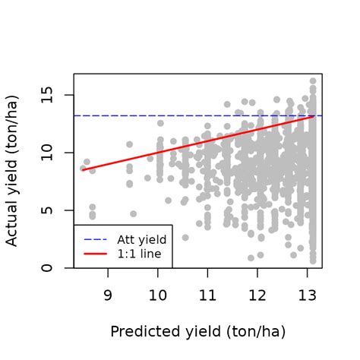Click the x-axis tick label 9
click(107, 295)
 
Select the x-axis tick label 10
click(158, 295)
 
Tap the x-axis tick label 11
click(208, 295)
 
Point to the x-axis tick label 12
click(258, 295)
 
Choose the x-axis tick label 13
click(308, 295)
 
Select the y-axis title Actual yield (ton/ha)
click(13, 171)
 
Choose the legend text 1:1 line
click(138, 254)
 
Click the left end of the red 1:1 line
click(82, 170)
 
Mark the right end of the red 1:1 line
click(313, 116)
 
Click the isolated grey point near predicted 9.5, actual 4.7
click(133, 214)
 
